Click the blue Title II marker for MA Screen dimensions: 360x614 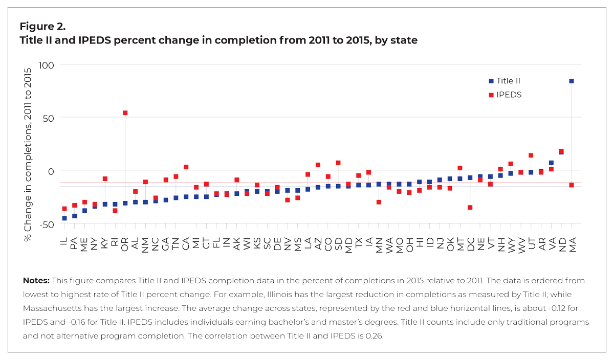click(x=572, y=81)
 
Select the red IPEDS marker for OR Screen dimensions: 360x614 click(x=125, y=113)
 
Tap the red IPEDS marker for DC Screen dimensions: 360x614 click(x=470, y=208)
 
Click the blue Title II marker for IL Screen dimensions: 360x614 click(x=64, y=218)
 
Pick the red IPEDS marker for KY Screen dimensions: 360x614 click(x=105, y=179)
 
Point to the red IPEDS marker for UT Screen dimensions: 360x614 click(x=531, y=155)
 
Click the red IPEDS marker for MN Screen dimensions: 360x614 click(x=379, y=202)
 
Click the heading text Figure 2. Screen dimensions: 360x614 click(x=42, y=26)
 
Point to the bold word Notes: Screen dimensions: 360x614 click(x=35, y=281)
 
